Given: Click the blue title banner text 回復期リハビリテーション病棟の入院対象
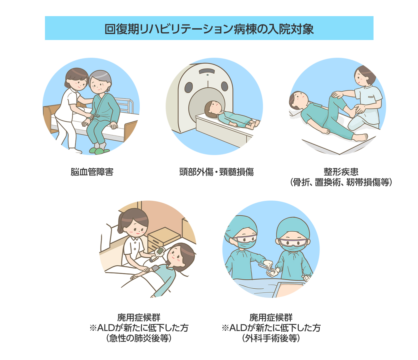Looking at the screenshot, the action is pos(209,29).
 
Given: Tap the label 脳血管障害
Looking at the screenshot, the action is pos(92,172).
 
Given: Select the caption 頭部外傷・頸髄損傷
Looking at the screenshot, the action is pos(216,172).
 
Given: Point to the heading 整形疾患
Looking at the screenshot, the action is pos(341,172).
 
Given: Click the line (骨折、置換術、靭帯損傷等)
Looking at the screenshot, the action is pos(341,182).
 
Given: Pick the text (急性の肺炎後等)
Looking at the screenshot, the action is pos(139,338).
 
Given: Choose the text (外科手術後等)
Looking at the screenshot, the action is pos(271,338).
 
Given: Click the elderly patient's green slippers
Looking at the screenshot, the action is pos(99,151).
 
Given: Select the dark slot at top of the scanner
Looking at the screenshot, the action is pos(206,71).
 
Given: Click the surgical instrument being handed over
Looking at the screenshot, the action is pos(267,268).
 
